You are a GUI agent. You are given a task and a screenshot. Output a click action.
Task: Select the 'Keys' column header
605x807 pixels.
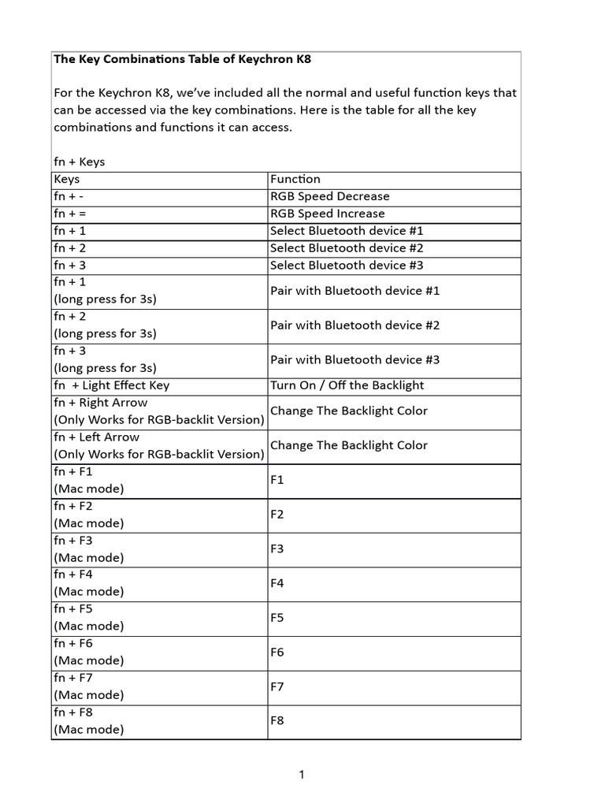(67, 180)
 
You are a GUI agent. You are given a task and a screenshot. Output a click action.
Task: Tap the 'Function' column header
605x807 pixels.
(295, 180)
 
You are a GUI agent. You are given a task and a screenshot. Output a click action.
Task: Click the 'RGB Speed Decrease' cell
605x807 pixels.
(329, 197)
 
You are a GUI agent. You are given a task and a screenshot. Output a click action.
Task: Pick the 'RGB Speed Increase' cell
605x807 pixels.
(328, 214)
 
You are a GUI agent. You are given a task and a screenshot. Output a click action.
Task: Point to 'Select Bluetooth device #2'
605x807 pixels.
(347, 248)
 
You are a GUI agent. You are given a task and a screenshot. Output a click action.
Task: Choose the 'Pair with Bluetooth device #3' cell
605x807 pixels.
(354, 360)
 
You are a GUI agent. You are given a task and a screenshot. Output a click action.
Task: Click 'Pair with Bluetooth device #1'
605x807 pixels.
(354, 291)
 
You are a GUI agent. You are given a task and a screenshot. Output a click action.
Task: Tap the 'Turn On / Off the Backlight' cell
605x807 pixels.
(347, 385)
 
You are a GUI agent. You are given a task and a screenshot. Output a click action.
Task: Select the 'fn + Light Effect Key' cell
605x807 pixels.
(111, 385)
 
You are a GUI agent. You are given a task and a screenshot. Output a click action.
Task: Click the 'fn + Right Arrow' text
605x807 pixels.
(100, 403)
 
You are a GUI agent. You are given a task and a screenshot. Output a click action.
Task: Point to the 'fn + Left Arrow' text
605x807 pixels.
(96, 437)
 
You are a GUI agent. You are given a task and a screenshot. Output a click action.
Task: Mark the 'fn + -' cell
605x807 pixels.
(69, 197)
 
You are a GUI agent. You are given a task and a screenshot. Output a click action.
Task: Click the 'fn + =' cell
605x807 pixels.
(69, 214)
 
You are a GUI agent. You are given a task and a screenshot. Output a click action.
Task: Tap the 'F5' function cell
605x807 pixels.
(277, 619)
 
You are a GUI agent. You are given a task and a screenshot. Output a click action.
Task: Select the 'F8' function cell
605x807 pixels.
(277, 721)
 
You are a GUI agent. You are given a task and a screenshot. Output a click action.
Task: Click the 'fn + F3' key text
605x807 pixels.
(73, 541)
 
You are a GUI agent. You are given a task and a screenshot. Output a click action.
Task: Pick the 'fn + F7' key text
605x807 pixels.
(73, 678)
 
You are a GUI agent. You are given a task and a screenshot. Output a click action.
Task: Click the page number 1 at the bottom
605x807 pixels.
(302, 775)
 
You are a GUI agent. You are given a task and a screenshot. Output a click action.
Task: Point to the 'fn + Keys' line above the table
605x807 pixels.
(79, 162)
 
